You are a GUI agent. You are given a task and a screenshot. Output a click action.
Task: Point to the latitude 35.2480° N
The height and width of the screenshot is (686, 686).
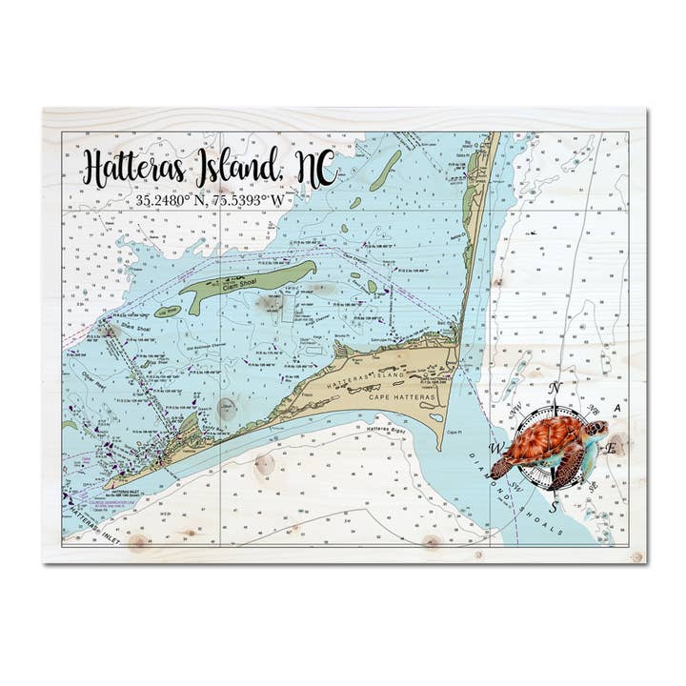click(x=173, y=201)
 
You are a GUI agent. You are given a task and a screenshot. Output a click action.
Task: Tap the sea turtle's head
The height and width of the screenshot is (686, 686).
click(x=596, y=430)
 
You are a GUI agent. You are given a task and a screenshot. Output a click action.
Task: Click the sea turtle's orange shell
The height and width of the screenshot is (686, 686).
click(x=544, y=440)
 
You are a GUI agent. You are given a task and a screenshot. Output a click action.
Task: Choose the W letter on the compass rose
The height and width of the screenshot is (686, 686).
click(x=495, y=448)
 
